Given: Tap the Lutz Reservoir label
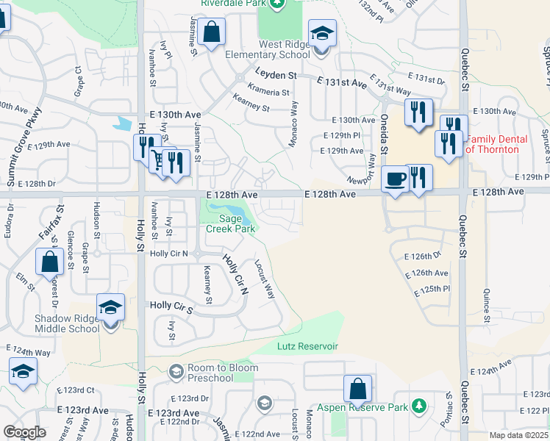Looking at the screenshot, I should point(307,345).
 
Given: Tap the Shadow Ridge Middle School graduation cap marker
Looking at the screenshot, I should point(110,308).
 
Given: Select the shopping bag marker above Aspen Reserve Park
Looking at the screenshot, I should point(357,389).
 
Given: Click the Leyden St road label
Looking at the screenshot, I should point(276,75).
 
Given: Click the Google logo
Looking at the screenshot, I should point(24,432).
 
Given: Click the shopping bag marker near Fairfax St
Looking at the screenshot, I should point(49,262).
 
